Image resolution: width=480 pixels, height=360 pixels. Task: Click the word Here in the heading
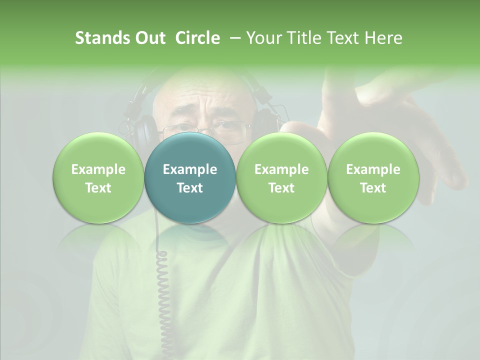coord(382,38)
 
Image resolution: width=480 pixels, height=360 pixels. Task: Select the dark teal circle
coord(190,177)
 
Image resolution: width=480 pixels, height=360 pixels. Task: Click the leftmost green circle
coord(98,177)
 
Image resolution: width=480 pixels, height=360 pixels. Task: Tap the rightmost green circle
coord(373,177)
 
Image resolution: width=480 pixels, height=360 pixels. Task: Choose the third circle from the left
coord(281,177)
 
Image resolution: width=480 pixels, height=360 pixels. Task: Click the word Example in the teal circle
coord(190,169)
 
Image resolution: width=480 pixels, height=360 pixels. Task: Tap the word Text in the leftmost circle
coord(98,188)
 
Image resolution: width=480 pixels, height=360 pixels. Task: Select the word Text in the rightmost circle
coord(373,188)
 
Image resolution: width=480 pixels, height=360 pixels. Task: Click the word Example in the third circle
coord(281,169)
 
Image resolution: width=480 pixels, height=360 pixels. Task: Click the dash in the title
coord(233,38)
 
